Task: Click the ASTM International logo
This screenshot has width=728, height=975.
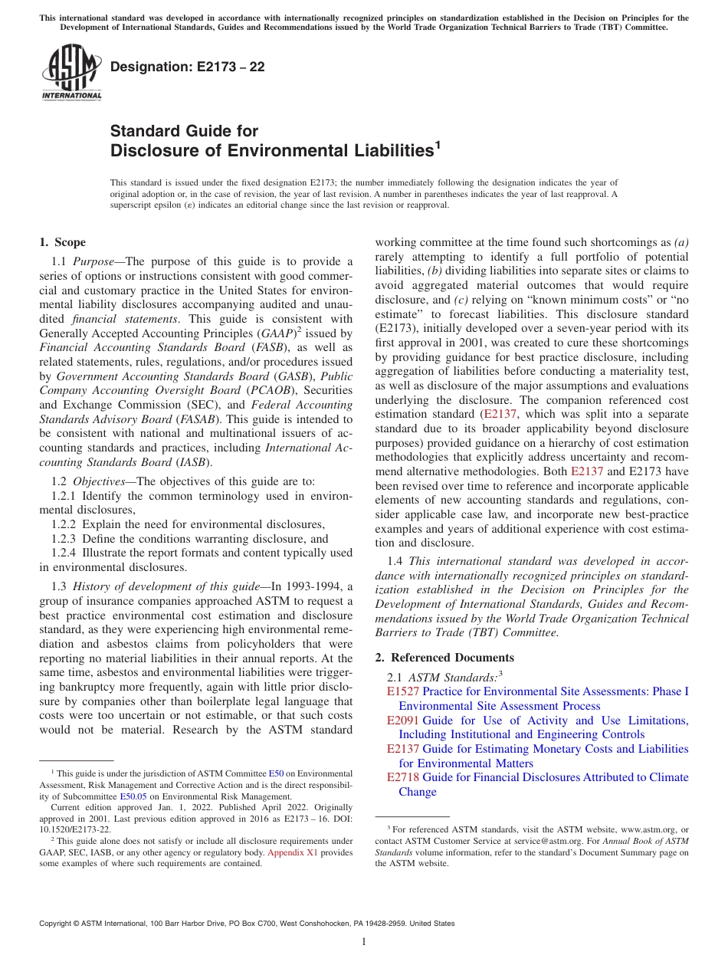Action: tap(71, 72)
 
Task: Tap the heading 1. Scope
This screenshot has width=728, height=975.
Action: tap(62, 242)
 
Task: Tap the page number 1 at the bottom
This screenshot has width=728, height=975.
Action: tap(364, 942)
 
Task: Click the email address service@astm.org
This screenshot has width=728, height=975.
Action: tap(549, 841)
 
